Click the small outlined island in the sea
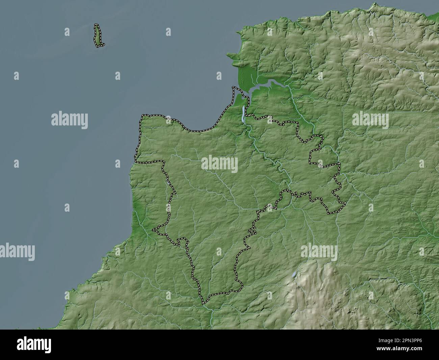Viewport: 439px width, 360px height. click(99, 35)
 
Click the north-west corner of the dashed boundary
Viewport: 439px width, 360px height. click(142, 116)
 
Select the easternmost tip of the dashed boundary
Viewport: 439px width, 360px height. click(345, 203)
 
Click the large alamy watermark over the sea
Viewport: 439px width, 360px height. click(70, 120)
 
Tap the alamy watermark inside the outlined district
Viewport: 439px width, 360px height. click(219, 164)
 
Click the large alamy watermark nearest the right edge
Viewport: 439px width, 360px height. click(370, 120)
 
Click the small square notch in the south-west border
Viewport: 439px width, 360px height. click(182, 241)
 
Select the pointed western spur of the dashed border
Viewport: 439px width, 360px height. click(154, 230)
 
